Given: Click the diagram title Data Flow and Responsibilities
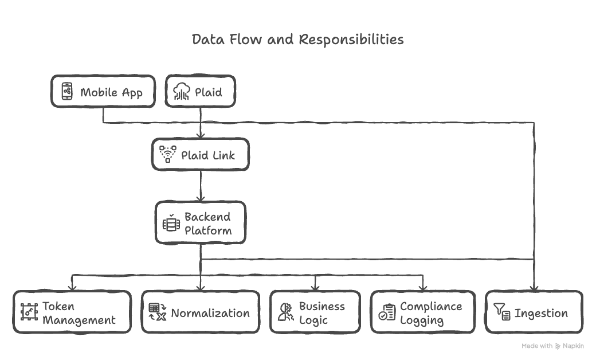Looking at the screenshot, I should [297, 40].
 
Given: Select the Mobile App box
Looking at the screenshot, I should [103, 92].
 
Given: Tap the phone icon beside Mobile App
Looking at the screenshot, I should [67, 92].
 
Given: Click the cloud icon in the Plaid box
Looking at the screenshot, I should [182, 92].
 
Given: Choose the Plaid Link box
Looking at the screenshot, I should [201, 155].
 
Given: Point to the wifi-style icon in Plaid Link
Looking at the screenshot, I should [167, 154].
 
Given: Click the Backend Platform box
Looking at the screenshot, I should [201, 224].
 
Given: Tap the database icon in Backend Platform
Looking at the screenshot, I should [171, 224].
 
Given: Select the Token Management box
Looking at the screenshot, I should [72, 313].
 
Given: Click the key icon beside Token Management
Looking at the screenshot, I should [29, 313].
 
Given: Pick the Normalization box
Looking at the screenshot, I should [201, 313].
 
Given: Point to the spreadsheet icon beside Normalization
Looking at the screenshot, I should [157, 312].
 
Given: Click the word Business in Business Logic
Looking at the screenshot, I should [321, 307].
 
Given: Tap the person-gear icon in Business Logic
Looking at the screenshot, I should [285, 312].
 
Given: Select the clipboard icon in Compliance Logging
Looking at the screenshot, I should [387, 312].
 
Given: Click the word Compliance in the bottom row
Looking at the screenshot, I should [430, 307].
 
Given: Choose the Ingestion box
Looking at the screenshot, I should [534, 313].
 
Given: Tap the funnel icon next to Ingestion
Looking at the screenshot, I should [501, 312].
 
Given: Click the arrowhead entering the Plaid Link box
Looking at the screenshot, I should [201, 135].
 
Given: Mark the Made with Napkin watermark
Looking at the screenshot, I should [552, 346].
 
